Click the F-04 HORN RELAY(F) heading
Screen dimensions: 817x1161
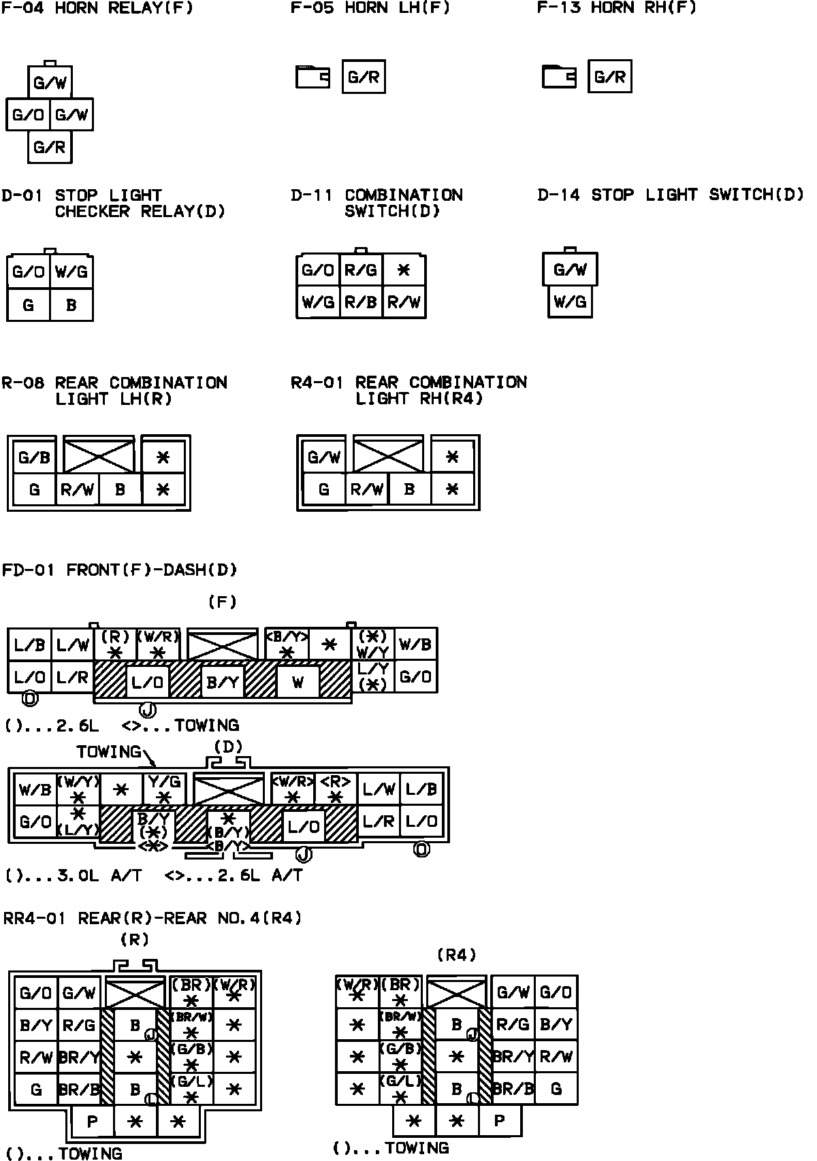click(x=97, y=9)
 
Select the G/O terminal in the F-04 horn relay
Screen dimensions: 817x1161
click(x=28, y=115)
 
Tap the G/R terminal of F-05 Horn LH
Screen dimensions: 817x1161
click(x=364, y=77)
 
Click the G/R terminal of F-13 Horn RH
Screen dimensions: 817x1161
click(x=609, y=77)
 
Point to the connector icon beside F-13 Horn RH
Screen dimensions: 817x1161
click(x=559, y=77)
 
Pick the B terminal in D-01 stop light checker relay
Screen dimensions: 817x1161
click(x=71, y=305)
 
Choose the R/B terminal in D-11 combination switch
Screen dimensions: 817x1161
click(x=361, y=302)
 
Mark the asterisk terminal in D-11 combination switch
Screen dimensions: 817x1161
click(x=404, y=270)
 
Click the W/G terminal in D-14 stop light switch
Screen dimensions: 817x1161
click(x=571, y=301)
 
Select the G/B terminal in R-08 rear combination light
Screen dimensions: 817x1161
click(x=34, y=457)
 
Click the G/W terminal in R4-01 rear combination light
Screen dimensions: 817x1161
click(x=323, y=457)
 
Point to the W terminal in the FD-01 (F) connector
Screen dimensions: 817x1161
click(x=298, y=681)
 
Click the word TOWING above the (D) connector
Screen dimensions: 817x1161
click(x=109, y=752)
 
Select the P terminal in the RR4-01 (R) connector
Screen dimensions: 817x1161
click(x=92, y=1122)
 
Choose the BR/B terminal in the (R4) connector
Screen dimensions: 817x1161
click(x=512, y=1089)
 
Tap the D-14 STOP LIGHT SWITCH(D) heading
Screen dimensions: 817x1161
click(x=671, y=195)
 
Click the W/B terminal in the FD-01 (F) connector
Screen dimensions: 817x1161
click(x=415, y=644)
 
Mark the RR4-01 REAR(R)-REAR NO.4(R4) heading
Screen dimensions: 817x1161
click(x=153, y=919)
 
